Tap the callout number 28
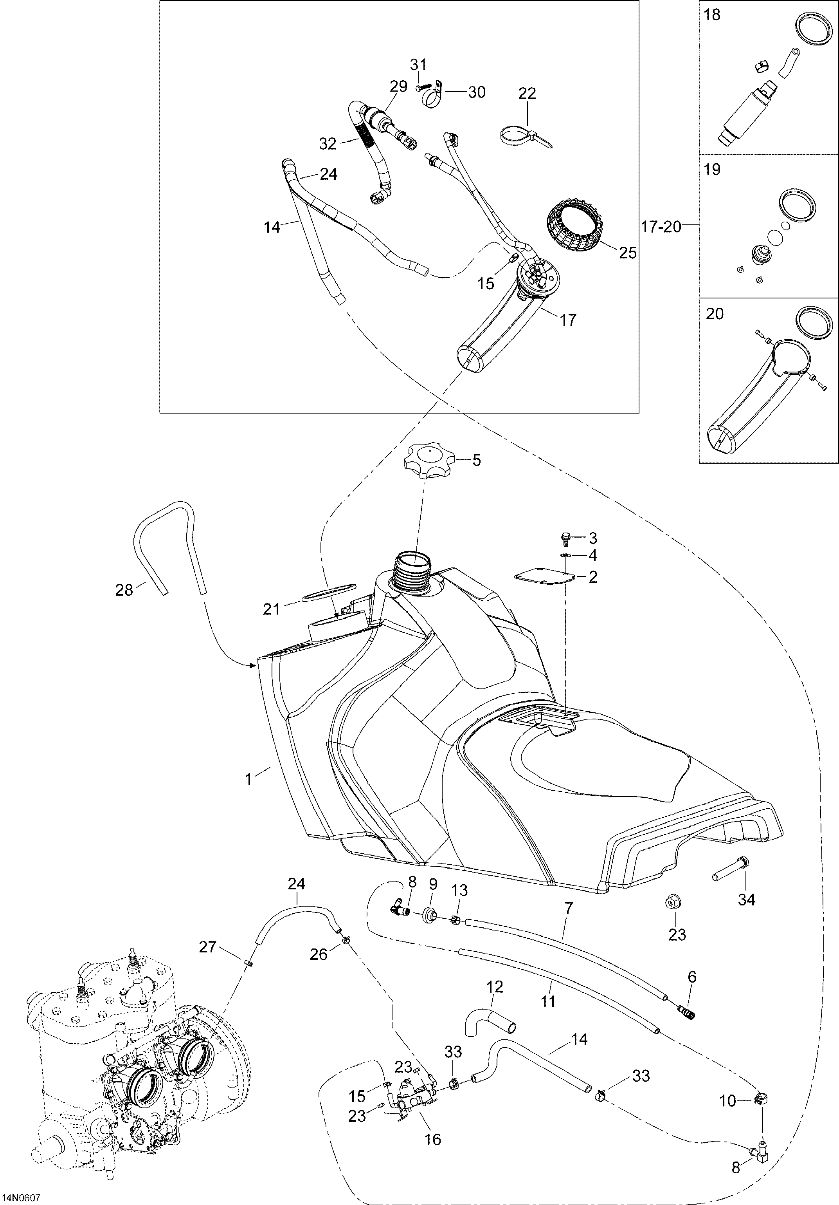point(124,591)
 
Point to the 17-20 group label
point(662,227)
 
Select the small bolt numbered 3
point(565,537)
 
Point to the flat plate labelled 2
point(545,576)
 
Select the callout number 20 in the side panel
point(715,314)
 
